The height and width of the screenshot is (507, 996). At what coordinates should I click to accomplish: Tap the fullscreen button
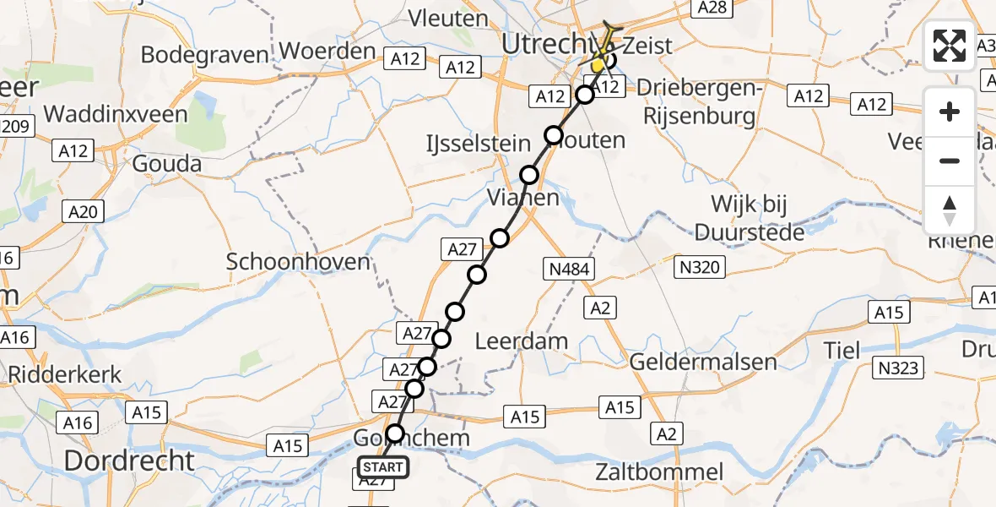click(x=950, y=46)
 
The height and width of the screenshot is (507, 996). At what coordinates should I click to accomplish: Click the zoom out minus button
click(x=950, y=161)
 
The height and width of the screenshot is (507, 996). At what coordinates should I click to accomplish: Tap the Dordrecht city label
click(x=130, y=461)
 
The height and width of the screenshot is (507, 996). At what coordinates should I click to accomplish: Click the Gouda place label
click(x=166, y=163)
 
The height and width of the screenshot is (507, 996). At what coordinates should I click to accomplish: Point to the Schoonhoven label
click(x=299, y=262)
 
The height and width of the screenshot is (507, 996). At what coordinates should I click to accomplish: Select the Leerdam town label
click(x=521, y=342)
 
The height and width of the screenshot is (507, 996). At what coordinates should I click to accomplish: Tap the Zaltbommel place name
click(x=659, y=472)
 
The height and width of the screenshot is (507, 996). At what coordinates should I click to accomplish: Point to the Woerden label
click(x=327, y=51)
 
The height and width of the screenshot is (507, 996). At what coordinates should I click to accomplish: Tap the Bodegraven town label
click(x=204, y=55)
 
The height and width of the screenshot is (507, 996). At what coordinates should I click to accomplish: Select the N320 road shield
click(x=698, y=268)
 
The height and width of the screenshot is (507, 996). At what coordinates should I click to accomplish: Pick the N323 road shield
click(x=901, y=368)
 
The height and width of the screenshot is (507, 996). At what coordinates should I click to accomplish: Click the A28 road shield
click(x=711, y=8)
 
